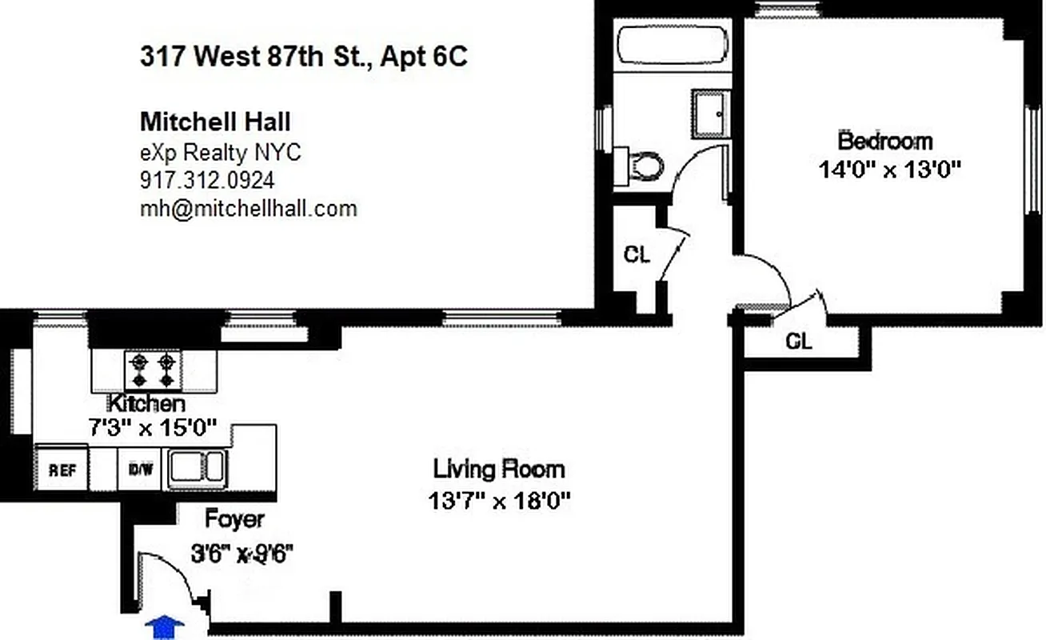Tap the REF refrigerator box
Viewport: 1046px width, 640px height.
(62, 470)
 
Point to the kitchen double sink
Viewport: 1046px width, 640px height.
(197, 468)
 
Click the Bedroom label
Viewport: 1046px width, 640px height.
(885, 142)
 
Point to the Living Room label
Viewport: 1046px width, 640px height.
(499, 468)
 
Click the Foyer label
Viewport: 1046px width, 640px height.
(234, 518)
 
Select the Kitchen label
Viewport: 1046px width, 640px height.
(147, 402)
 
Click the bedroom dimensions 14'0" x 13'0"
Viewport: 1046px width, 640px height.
(888, 170)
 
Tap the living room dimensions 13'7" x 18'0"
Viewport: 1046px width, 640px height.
(499, 502)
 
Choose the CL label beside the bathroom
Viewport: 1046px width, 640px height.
(637, 255)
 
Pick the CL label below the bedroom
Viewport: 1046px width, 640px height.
(799, 342)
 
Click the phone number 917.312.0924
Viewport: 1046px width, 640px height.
(207, 180)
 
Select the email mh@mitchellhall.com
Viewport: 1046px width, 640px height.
(248, 209)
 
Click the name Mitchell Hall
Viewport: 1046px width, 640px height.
(215, 122)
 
